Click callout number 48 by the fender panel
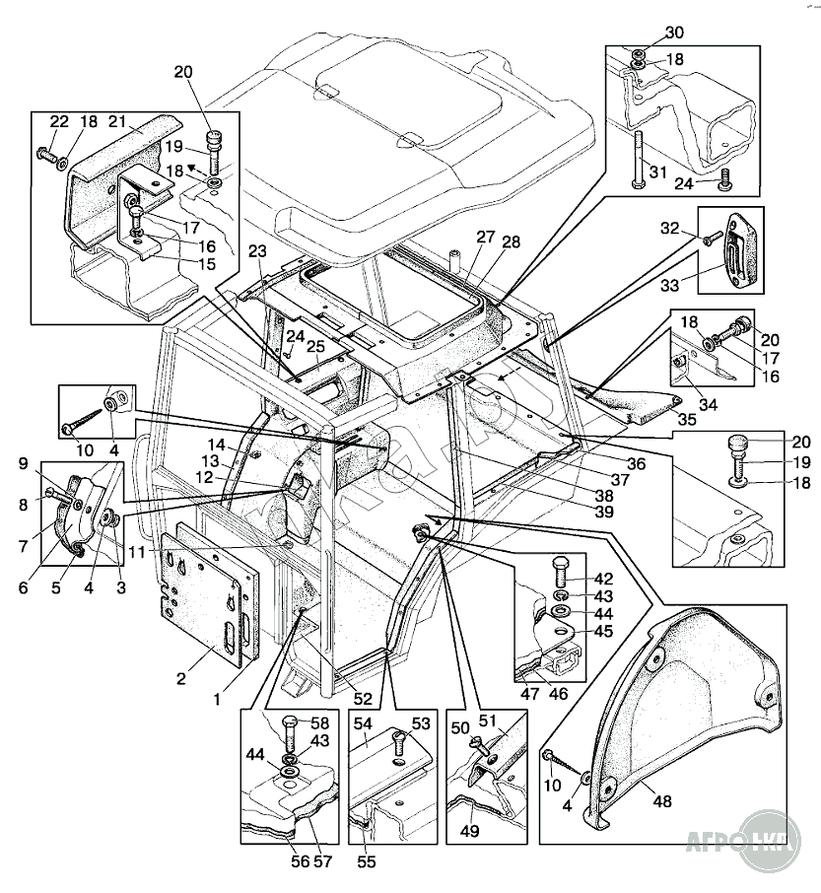pyautogui.click(x=661, y=801)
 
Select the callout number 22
pyautogui.click(x=59, y=120)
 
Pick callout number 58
pyautogui.click(x=320, y=722)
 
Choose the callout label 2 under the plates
pyautogui.click(x=180, y=678)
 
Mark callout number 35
pyautogui.click(x=686, y=418)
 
